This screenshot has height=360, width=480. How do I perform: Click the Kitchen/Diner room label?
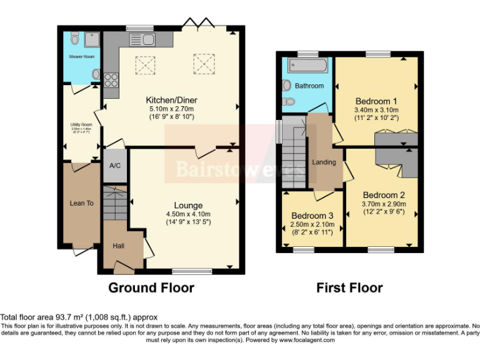(x=171, y=100)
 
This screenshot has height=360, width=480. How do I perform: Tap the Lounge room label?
(x=188, y=206)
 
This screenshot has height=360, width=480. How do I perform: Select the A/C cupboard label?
(x=114, y=166)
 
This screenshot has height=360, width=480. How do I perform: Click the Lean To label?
(x=81, y=203)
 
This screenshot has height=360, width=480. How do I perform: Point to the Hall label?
(x=118, y=246)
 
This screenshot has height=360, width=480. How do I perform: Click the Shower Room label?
(x=81, y=57)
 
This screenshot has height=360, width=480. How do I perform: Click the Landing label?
(x=324, y=162)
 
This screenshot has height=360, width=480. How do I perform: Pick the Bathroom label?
(x=309, y=86)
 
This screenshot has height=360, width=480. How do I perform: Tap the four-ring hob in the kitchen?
(x=111, y=80)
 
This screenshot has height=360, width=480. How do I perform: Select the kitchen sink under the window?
(x=139, y=39)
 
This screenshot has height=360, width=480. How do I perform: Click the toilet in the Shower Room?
(x=75, y=39)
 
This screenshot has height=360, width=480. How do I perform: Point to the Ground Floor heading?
(x=151, y=287)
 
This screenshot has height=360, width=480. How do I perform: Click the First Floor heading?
(x=349, y=287)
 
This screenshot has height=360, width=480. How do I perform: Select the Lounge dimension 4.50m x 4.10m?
(x=188, y=214)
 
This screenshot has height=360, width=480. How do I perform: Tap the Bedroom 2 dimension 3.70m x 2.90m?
(x=384, y=204)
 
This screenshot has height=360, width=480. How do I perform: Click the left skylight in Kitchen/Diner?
(x=146, y=63)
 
